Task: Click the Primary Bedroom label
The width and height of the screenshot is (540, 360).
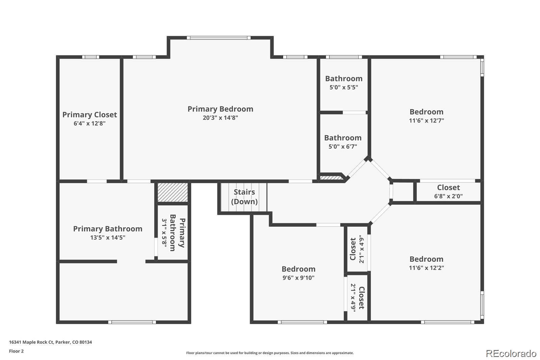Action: point(220,109)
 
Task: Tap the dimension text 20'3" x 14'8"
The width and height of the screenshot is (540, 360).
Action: point(220,118)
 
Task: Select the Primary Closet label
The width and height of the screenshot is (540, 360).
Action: point(89,115)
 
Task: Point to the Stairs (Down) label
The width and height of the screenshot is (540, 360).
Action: point(244,197)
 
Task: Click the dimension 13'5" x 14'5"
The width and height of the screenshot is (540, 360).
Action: point(108,237)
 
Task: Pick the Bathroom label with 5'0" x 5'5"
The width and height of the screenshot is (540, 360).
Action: point(344,79)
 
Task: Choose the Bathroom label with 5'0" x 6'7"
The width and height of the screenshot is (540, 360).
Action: point(343,138)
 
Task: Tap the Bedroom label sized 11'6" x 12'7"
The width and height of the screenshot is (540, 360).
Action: point(426,112)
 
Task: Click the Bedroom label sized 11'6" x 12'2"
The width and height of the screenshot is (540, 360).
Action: point(426,259)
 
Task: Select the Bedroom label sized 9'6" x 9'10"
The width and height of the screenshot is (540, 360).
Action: point(298,269)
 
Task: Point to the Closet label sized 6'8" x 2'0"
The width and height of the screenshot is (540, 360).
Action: point(448,187)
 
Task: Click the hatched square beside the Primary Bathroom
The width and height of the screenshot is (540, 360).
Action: point(173,192)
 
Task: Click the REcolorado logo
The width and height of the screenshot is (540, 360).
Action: point(511,353)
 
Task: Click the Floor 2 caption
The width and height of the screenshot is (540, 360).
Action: point(16,351)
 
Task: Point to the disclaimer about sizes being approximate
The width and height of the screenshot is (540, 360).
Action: point(270,353)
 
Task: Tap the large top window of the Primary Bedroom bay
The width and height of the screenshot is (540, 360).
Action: point(219,38)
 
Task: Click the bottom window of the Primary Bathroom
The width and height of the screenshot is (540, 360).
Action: point(132,322)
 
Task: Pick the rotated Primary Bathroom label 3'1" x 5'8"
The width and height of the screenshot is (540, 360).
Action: point(173,233)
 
